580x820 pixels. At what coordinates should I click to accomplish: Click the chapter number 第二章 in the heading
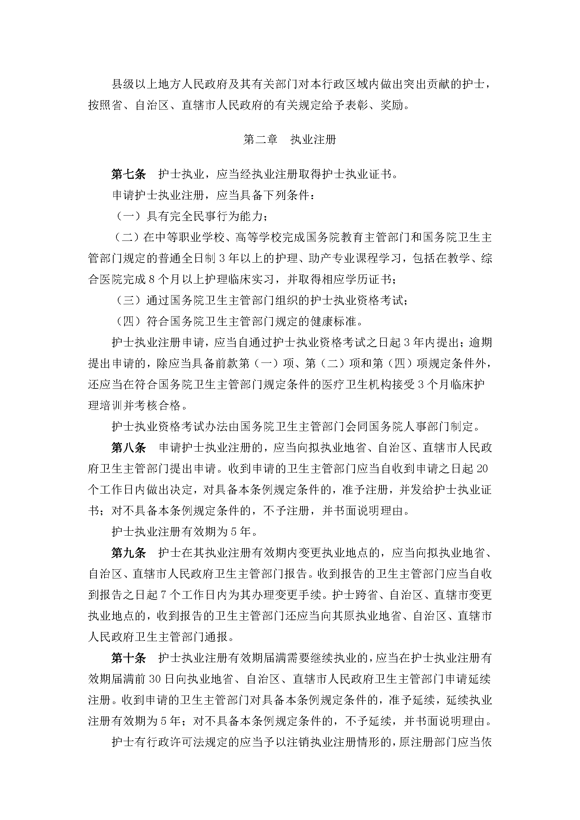click(260, 140)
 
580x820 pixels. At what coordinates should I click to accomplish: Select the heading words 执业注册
click(313, 140)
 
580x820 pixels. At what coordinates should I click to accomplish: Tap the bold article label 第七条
click(129, 174)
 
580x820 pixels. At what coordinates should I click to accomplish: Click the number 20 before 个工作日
click(482, 469)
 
